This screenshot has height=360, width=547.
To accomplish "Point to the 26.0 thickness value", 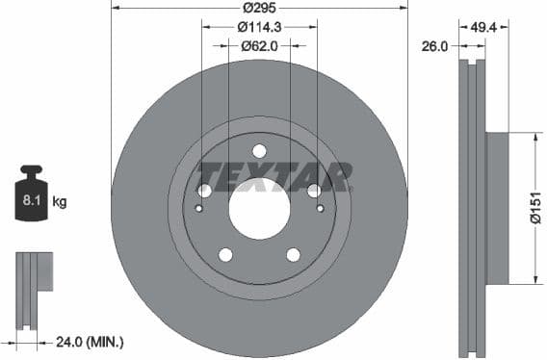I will click(434, 44).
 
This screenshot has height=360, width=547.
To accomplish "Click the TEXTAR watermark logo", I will click(273, 176).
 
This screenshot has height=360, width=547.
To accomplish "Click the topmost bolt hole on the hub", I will click(258, 150).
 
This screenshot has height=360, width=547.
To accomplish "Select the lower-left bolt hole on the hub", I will click(225, 254).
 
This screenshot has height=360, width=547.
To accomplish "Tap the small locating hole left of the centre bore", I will click(199, 209).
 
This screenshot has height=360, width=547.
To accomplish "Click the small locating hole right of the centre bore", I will click(319, 209).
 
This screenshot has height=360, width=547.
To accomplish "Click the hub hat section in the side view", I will click(495, 209).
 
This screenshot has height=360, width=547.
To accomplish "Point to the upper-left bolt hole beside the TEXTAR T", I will click(204, 191).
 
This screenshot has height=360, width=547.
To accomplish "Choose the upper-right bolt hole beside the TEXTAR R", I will click(313, 191).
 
